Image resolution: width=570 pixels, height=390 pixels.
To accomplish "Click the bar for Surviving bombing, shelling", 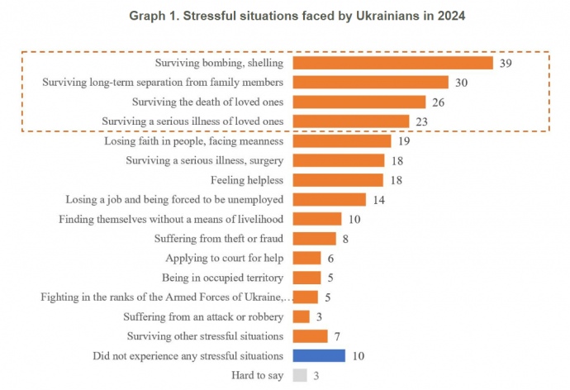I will pos(392,63).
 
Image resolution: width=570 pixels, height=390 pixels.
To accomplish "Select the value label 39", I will pos(506,63).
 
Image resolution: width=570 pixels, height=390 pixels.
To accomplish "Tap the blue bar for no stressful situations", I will pos(319,355).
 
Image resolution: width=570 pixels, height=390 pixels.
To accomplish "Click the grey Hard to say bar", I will pos(300,375).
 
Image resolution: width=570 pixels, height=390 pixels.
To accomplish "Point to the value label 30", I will pos(461,83).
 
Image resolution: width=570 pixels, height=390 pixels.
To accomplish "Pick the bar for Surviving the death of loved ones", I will pos(359,102).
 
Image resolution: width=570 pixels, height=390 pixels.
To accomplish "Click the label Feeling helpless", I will pos(246,180).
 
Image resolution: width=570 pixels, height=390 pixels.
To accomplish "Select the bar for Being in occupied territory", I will pos(306,278).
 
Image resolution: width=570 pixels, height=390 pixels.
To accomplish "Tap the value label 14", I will pos(378,199).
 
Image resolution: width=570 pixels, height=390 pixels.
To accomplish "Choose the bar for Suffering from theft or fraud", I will pos(314,239).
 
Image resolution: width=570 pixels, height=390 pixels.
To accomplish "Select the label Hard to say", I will pos(259,375).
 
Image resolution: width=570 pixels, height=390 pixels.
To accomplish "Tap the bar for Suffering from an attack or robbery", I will pos(302,316).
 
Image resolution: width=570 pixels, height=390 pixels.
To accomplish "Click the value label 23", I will pos(421,121).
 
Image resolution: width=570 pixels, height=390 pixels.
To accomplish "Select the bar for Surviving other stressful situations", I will pos(311,336).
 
